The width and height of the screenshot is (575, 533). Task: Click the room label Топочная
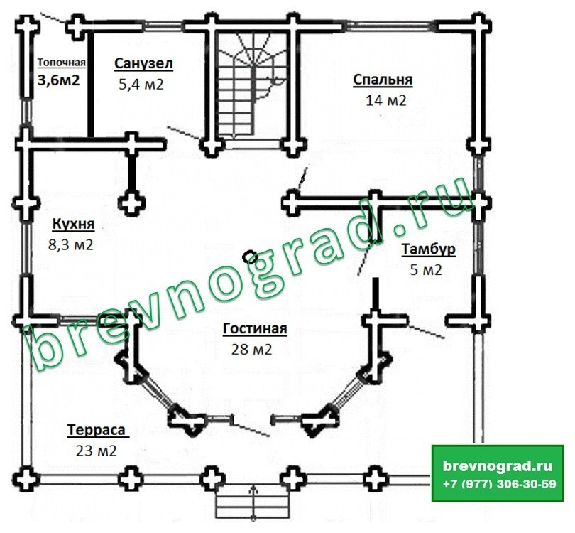pyautogui.click(x=62, y=63)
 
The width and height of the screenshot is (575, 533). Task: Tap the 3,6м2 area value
pyautogui.click(x=59, y=80)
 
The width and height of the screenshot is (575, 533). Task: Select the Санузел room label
pyautogui.click(x=143, y=63)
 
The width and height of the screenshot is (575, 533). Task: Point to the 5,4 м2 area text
pyautogui.click(x=141, y=85)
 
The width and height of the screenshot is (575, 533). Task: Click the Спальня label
pyautogui.click(x=383, y=80)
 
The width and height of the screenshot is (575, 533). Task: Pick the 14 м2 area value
pyautogui.click(x=386, y=100)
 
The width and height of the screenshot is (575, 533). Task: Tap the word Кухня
pyautogui.click(x=73, y=224)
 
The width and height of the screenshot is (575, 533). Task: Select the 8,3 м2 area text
pyautogui.click(x=71, y=245)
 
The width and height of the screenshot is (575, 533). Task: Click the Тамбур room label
pyautogui.click(x=429, y=249)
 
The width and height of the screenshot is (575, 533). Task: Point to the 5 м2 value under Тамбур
pyautogui.click(x=426, y=271)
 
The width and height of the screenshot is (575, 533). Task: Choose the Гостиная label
pyautogui.click(x=255, y=328)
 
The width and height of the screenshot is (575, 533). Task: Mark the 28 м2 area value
pyautogui.click(x=251, y=350)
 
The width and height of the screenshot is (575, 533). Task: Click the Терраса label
pyautogui.click(x=97, y=430)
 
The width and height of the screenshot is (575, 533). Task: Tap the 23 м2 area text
pyautogui.click(x=97, y=451)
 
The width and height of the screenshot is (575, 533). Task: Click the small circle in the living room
pyautogui.click(x=251, y=257)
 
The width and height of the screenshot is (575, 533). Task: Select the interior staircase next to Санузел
pyautogui.click(x=252, y=85)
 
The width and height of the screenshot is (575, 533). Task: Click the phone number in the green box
pyautogui.click(x=499, y=484)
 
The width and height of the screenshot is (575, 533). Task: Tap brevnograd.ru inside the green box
pyautogui.click(x=498, y=465)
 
